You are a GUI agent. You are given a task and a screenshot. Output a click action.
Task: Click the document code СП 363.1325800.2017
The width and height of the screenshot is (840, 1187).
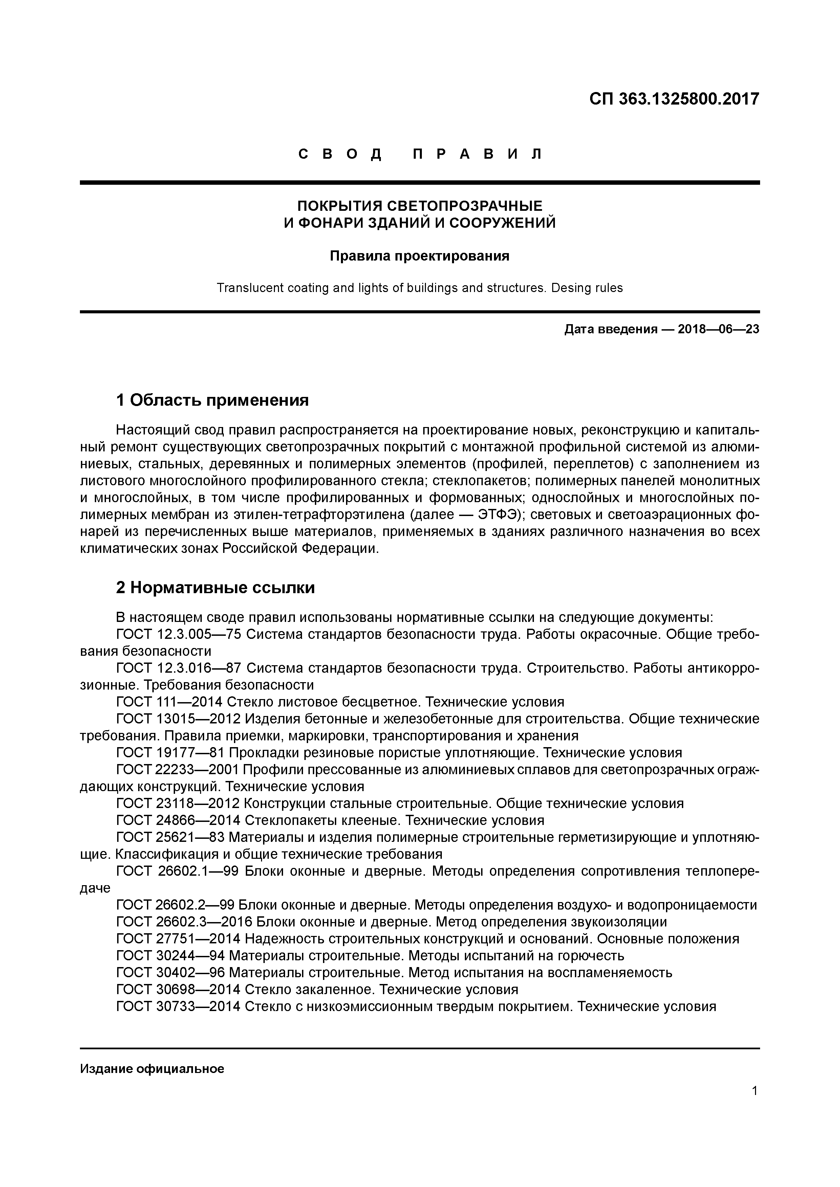[674, 99]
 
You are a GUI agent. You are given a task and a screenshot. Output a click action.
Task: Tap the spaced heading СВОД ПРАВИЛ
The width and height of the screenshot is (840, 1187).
[420, 154]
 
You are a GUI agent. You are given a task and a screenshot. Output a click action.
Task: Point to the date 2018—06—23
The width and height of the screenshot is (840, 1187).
[718, 329]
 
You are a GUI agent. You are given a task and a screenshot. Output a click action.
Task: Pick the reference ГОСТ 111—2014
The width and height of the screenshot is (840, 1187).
[170, 702]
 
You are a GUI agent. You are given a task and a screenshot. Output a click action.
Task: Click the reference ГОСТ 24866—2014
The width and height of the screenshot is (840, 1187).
[178, 821]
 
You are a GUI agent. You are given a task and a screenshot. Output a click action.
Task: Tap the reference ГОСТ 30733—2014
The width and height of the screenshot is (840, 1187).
[178, 1007]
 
